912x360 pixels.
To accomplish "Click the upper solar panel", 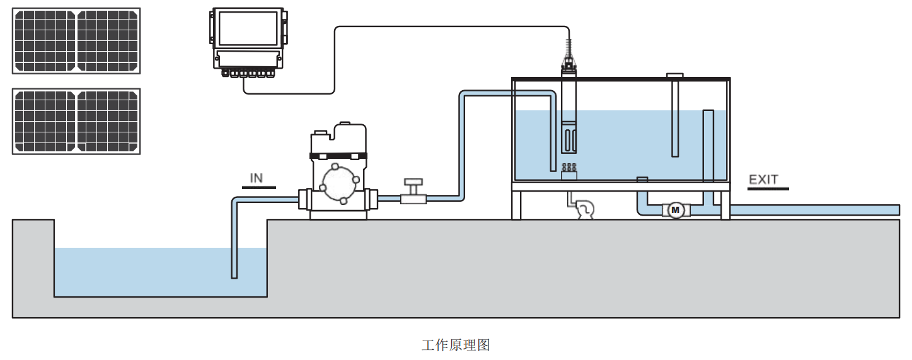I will tap(76, 40).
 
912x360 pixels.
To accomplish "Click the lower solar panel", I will tap(76, 121).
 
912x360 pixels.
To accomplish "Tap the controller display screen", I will tap(246, 30).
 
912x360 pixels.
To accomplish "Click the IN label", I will tap(257, 178).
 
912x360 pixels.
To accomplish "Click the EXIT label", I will tap(763, 180).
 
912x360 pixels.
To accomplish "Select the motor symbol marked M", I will tap(676, 209).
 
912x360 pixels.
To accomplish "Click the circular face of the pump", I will tap(339, 182).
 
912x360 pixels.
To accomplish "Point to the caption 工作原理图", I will tap(456, 345).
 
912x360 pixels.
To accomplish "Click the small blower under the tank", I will tap(584, 209).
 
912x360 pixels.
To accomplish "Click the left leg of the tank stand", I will tap(516, 205).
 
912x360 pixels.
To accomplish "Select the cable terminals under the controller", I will tap(249, 73).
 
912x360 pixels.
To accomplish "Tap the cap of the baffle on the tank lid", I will tap(675, 76).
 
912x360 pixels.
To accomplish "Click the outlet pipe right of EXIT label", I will tap(819, 210).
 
